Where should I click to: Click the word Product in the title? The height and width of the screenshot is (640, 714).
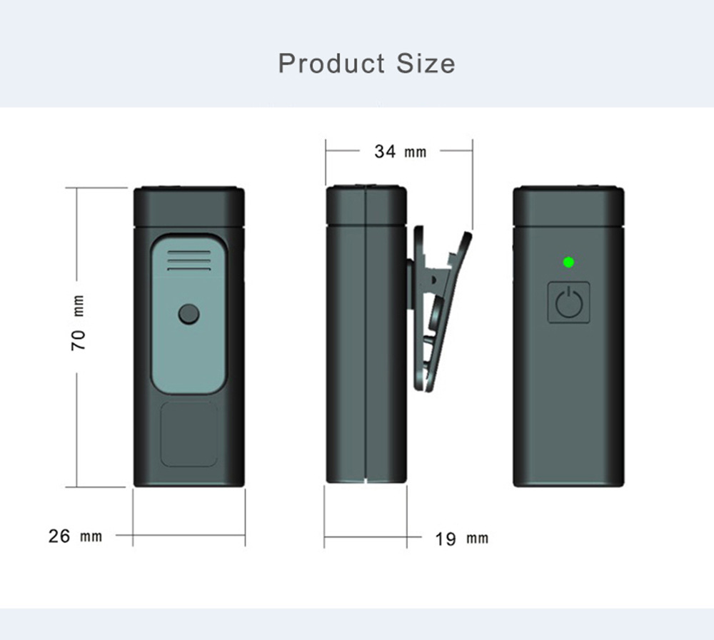[331, 64]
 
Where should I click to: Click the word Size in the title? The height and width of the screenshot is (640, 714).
[426, 64]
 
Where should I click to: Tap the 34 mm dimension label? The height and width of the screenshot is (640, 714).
[401, 151]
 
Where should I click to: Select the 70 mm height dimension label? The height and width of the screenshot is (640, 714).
[79, 322]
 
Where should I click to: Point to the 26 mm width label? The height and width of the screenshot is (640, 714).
[75, 537]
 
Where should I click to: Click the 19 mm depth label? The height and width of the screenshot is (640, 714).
[462, 539]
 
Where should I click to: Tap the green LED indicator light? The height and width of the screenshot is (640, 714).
[569, 262]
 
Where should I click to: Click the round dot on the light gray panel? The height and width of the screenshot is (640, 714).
[188, 314]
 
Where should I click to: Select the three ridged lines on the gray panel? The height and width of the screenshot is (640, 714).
[189, 260]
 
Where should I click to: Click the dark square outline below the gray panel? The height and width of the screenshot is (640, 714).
[189, 434]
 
